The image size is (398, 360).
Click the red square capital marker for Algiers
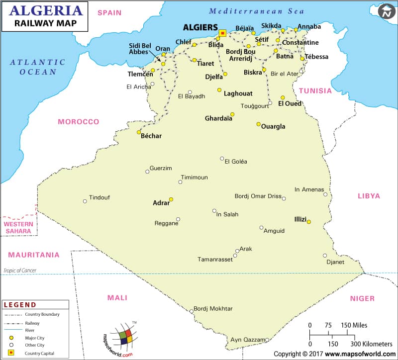pyautogui.click(x=222, y=33)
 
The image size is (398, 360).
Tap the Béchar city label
pyautogui.click(x=151, y=136)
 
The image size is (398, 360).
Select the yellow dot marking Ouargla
pyautogui.click(x=258, y=124)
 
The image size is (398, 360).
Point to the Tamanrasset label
pyautogui.click(x=215, y=260)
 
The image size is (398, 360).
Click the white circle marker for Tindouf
pyautogui.click(x=85, y=201)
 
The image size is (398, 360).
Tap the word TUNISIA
pyautogui.click(x=315, y=90)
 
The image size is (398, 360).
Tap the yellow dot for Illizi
pyautogui.click(x=309, y=222)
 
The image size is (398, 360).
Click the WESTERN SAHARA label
pyautogui.click(x=19, y=228)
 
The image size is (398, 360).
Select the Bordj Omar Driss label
pyautogui.click(x=258, y=196)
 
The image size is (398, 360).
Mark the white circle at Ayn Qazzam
pyautogui.click(x=267, y=340)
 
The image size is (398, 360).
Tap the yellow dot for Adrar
pyautogui.click(x=171, y=199)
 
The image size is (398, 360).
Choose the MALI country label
pyautogui.click(x=117, y=298)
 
